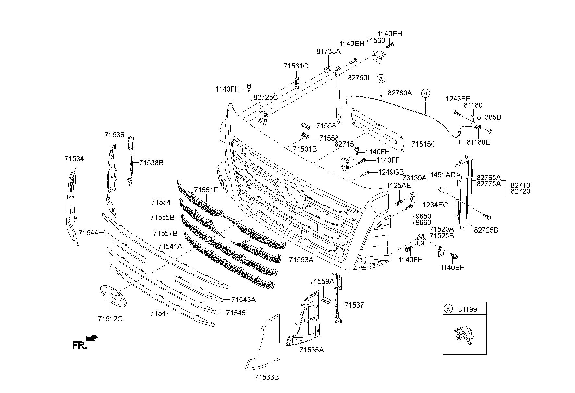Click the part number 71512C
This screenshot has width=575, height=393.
[x=110, y=319]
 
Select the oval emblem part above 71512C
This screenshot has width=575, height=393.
[x=113, y=295]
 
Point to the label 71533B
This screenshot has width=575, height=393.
[x=267, y=377]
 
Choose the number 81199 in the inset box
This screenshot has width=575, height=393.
[x=468, y=309]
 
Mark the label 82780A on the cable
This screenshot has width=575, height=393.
[x=400, y=93]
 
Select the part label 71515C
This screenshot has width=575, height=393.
[x=424, y=144]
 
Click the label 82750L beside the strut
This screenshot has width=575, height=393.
[x=359, y=78]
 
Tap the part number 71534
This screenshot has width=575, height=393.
[x=74, y=159]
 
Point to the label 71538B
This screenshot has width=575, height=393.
[x=151, y=163]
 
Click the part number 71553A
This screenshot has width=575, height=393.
[x=301, y=260]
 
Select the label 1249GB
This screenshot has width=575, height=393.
[x=391, y=172]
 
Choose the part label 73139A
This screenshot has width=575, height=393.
[x=414, y=178]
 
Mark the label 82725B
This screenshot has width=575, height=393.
[x=486, y=230]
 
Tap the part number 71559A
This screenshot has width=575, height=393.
[x=322, y=281]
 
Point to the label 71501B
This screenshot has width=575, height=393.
[x=305, y=149]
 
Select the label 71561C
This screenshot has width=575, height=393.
[x=296, y=66]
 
